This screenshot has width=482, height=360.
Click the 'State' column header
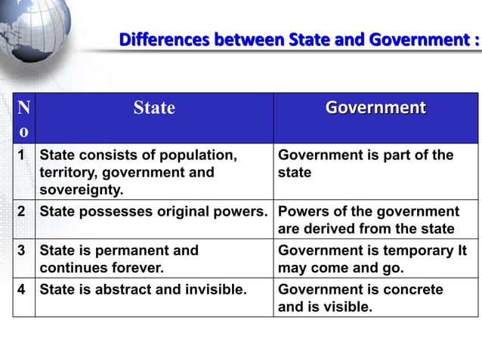[154, 108]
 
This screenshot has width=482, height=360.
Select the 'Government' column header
[375, 108]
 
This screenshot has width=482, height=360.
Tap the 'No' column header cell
[23, 118]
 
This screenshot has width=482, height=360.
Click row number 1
[23, 155]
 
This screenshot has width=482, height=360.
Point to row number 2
[23, 211]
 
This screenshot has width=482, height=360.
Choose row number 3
[23, 251]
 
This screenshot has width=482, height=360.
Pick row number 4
[23, 290]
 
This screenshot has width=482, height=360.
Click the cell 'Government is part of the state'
[366, 164]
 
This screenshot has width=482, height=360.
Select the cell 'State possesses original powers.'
[154, 211]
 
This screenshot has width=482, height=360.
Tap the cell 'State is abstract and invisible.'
[144, 290]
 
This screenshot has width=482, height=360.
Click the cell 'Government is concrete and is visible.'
[360, 298]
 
